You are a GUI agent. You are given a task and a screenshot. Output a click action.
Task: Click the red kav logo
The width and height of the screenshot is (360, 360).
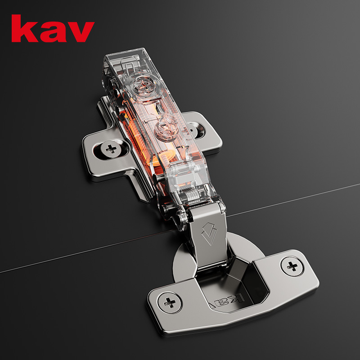pyautogui.click(x=53, y=29)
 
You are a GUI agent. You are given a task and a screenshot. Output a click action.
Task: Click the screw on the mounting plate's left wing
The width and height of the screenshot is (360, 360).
pyautogui.click(x=111, y=149)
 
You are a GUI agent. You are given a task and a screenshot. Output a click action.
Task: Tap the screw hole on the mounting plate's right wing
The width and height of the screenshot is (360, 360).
pyautogui.click(x=197, y=130)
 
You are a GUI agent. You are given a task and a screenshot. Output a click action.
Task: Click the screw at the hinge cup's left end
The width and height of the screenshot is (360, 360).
pyautogui.click(x=170, y=302)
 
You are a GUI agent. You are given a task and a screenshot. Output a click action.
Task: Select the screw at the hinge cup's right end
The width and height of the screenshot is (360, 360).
pyautogui.click(x=292, y=266)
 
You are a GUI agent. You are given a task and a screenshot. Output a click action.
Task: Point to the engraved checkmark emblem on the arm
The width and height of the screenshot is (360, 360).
pyautogui.click(x=209, y=234)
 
